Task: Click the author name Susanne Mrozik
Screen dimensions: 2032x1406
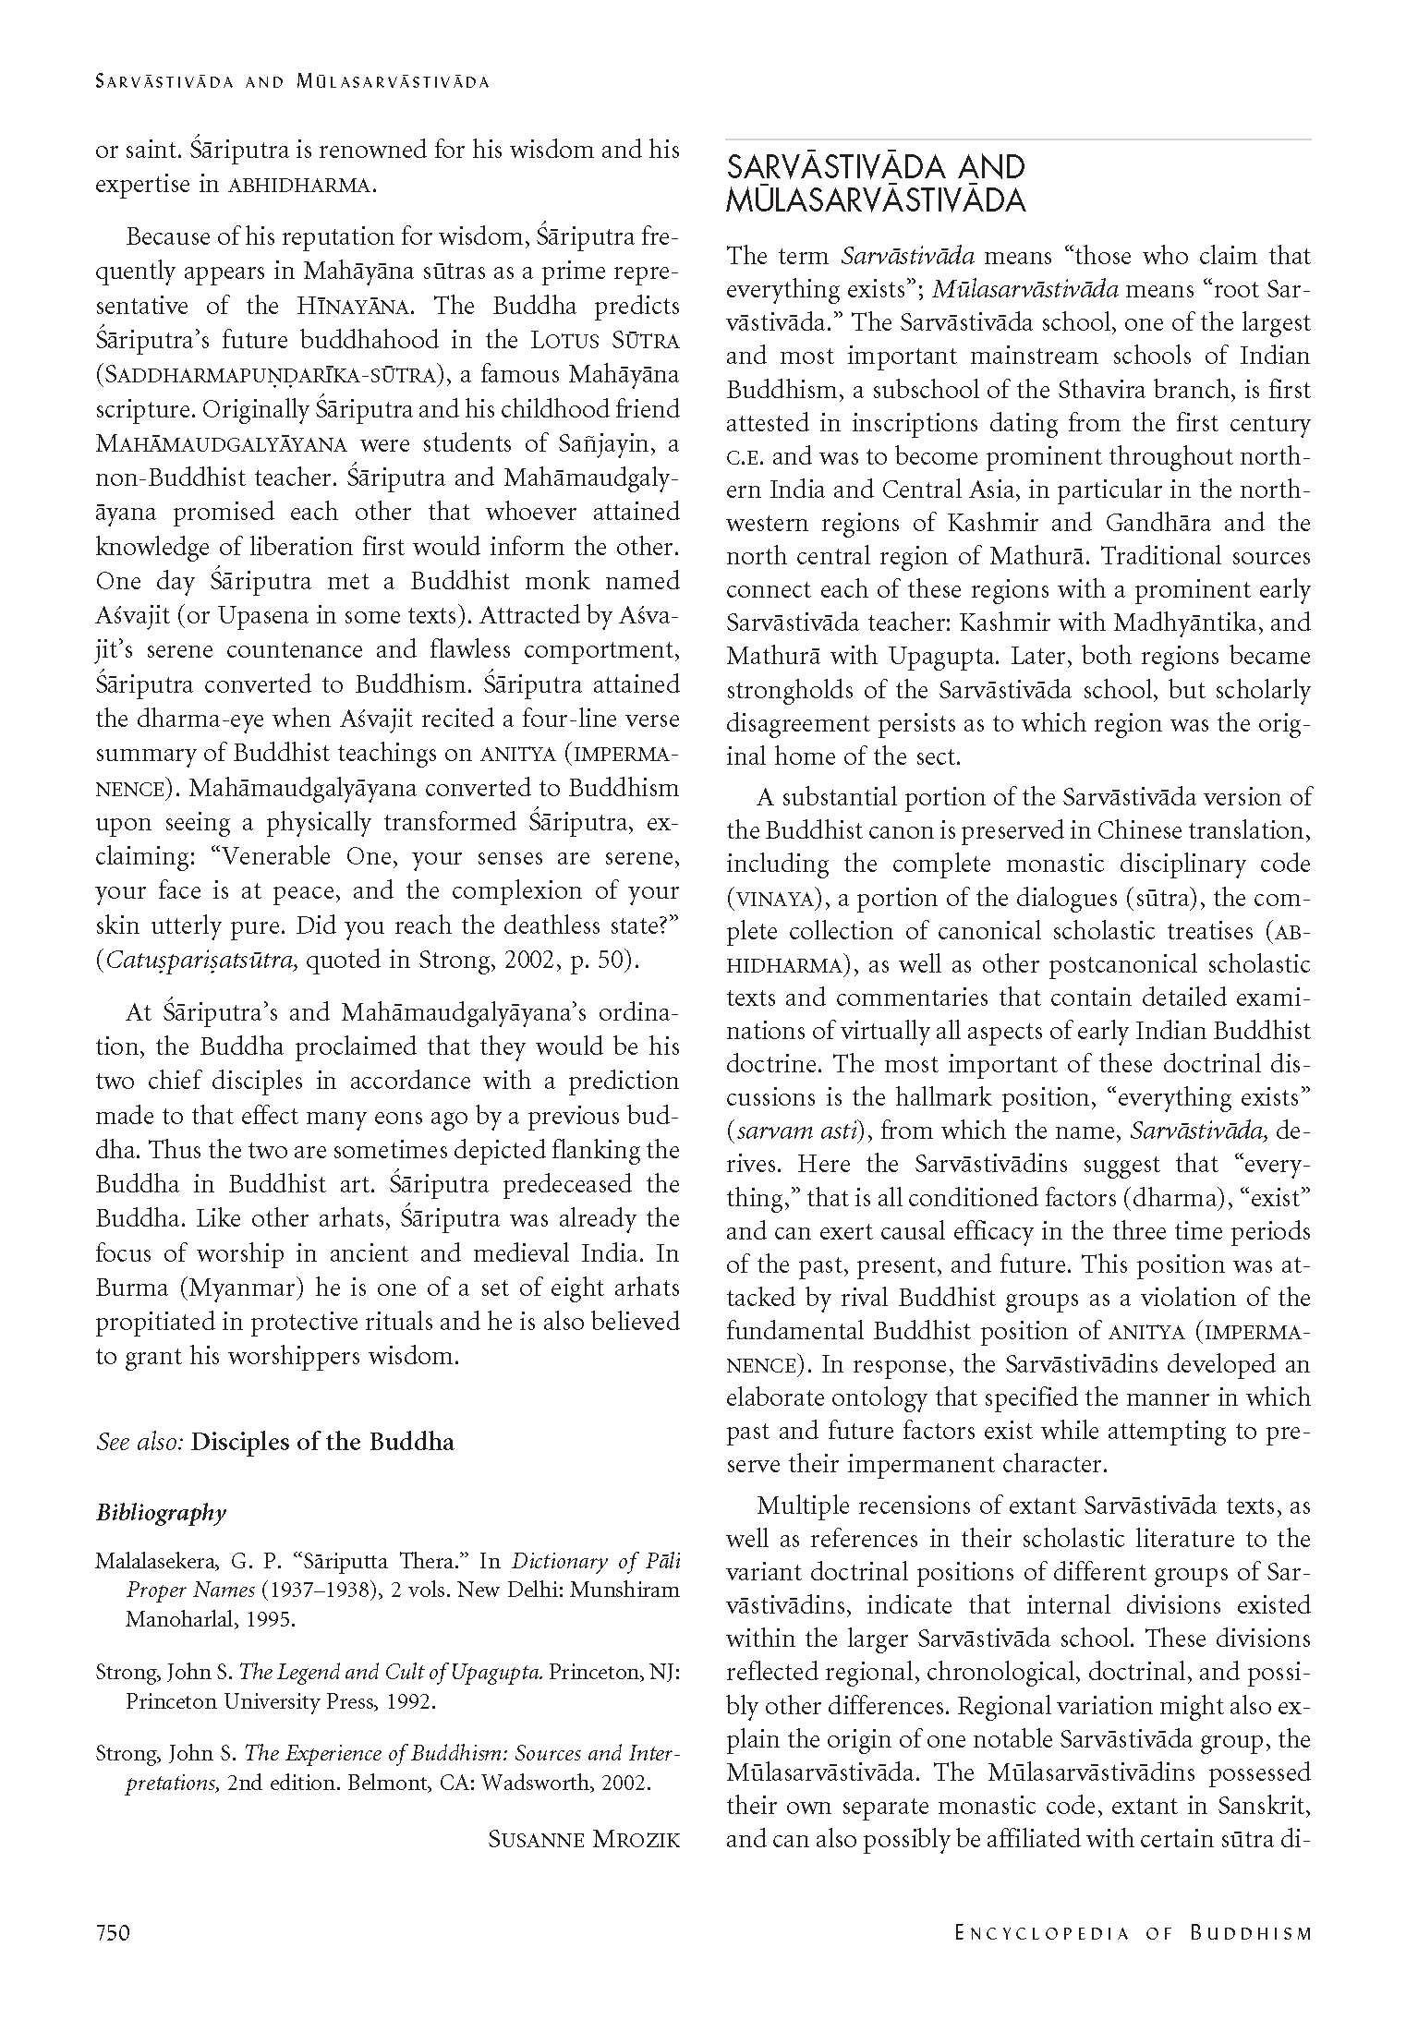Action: click(583, 1839)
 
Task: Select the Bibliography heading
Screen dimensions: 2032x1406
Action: click(161, 1513)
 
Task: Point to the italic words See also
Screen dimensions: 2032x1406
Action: click(139, 1442)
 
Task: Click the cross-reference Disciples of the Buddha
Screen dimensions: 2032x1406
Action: click(322, 1442)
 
